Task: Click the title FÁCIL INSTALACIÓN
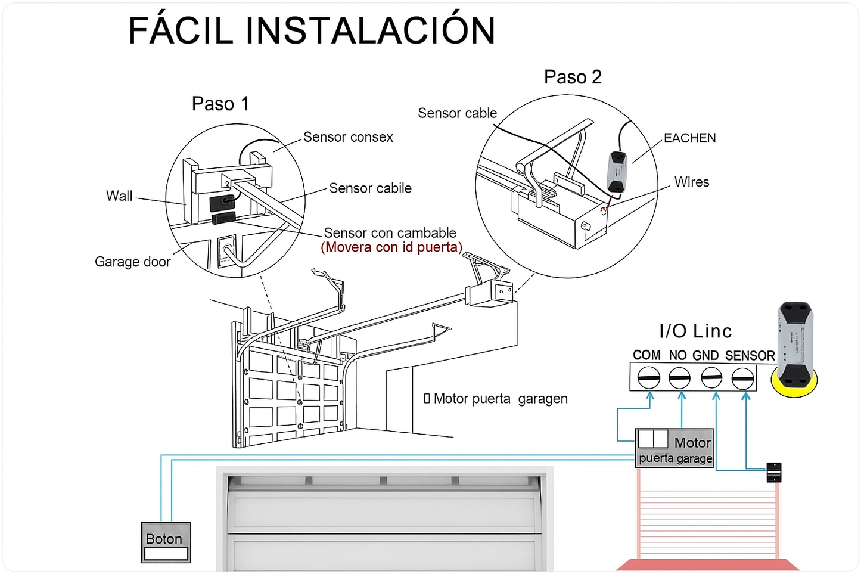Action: pos(312,31)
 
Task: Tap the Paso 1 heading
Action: pos(220,104)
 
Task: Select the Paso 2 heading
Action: pos(573,77)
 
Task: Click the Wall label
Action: pos(119,196)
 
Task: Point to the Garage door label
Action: pos(132,262)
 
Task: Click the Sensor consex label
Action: pos(348,137)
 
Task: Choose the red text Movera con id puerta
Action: pos(391,247)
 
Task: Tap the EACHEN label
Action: pos(689,138)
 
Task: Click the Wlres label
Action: pos(691,182)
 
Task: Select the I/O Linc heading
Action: pos(695,331)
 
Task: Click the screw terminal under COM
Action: pos(648,378)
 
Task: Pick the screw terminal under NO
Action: pos(679,378)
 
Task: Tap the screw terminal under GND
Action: pos(711,378)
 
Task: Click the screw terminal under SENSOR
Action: pos(742,378)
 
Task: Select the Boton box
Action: pos(166,542)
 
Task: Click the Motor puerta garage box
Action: pos(674,448)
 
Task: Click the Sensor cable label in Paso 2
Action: pos(457,113)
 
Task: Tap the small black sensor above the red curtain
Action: pos(773,472)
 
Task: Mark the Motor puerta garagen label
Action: pos(500,399)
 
